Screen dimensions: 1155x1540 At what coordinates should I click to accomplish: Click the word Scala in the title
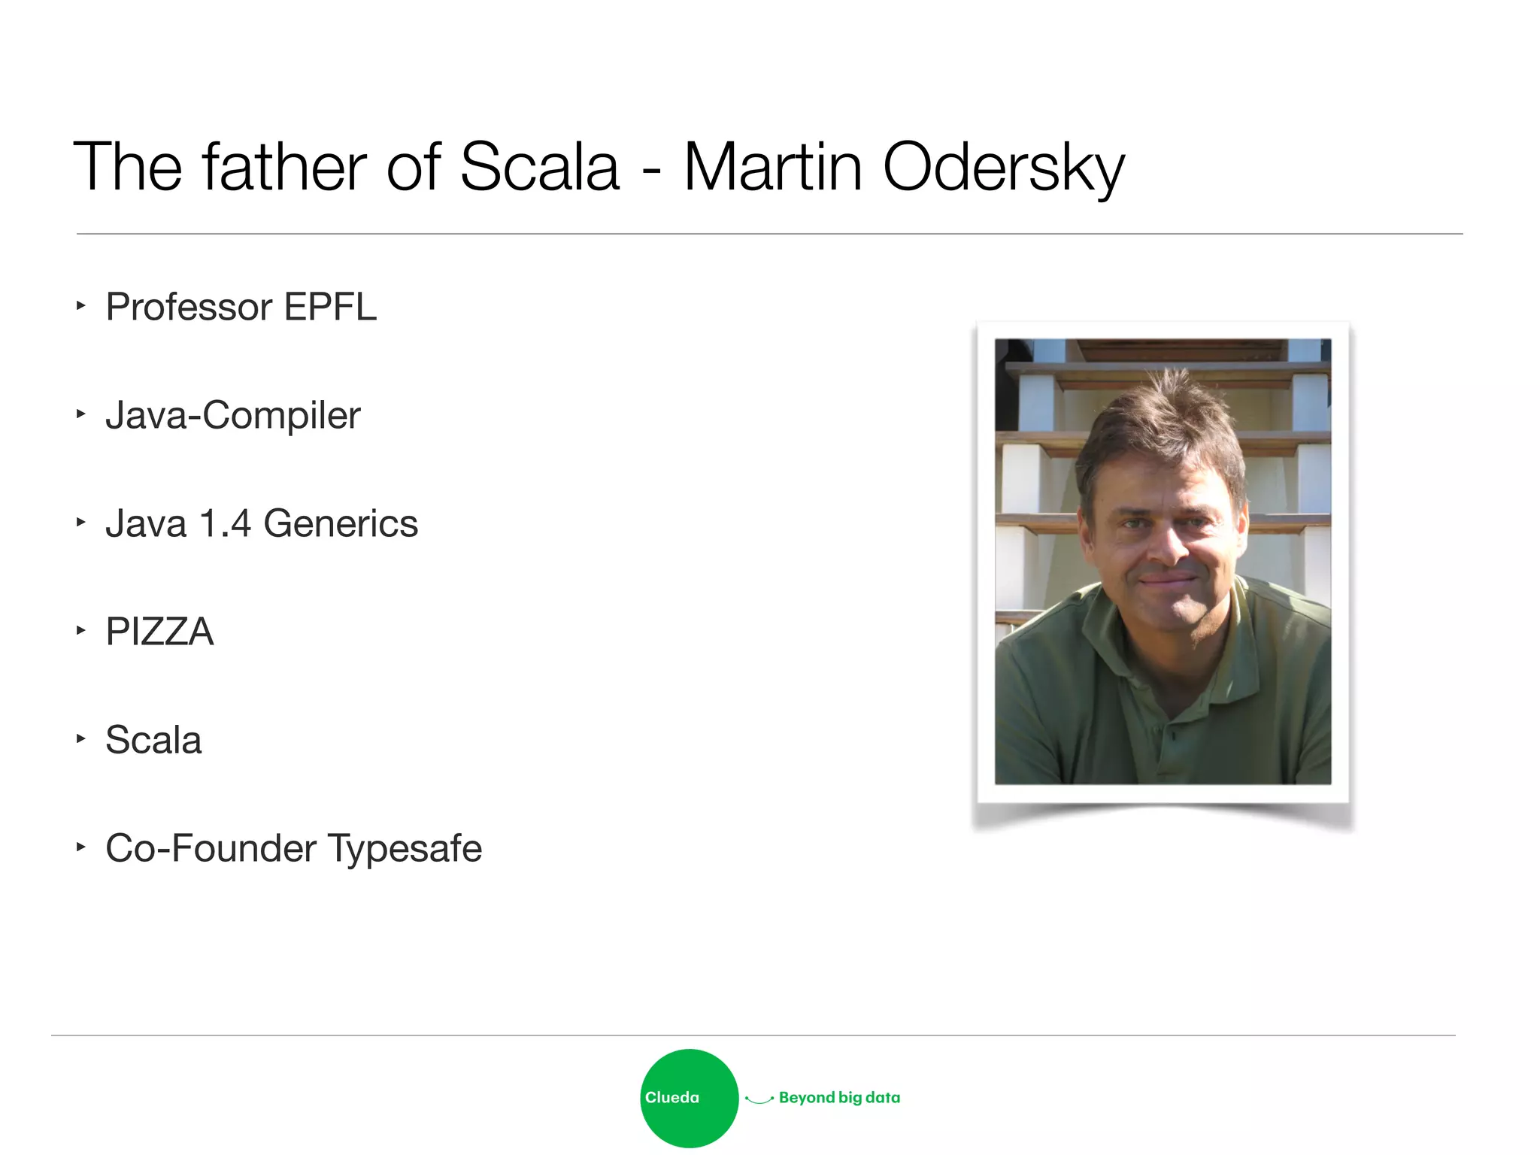(539, 167)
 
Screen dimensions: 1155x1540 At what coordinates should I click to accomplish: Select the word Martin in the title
(773, 167)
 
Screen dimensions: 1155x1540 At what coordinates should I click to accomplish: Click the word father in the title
(284, 167)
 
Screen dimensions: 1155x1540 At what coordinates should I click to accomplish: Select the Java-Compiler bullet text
(233, 416)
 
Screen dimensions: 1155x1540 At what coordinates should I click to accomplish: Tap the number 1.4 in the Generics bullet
(225, 523)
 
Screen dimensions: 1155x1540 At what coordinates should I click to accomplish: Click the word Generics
(341, 523)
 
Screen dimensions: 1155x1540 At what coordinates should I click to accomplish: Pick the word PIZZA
(159, 632)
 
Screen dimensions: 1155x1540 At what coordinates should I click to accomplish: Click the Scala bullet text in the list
(153, 740)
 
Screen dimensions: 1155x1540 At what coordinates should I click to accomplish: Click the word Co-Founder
(211, 848)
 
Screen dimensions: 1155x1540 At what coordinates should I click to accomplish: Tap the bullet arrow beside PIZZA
(80, 630)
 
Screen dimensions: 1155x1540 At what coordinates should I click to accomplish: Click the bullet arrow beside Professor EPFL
(80, 305)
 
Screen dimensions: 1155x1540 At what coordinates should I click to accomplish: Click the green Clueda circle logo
(689, 1098)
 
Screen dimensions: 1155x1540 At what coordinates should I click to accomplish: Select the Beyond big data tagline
(839, 1098)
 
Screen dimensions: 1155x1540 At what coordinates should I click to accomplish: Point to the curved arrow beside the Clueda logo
(759, 1099)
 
